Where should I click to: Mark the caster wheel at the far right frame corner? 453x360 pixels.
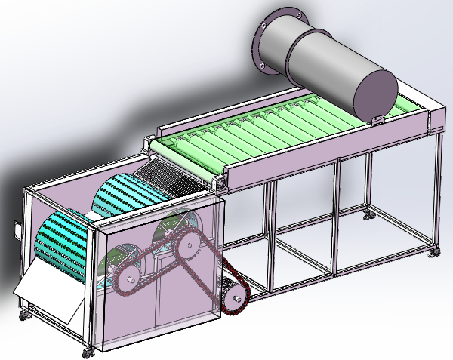[434, 251]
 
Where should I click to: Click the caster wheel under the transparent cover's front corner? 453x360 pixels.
[90, 349]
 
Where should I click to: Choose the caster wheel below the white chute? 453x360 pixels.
[23, 309]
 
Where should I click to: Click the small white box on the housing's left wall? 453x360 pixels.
[17, 227]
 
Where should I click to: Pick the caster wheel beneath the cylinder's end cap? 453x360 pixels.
[369, 216]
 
